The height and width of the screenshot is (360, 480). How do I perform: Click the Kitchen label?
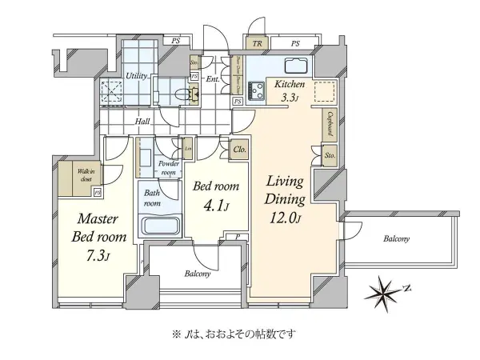[x=289, y=82]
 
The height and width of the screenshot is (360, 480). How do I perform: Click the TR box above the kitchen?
[x=257, y=44]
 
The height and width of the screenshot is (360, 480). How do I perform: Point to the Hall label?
[x=142, y=122]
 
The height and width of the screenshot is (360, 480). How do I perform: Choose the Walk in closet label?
[x=86, y=176]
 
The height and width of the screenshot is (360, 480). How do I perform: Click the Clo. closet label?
[x=239, y=149]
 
